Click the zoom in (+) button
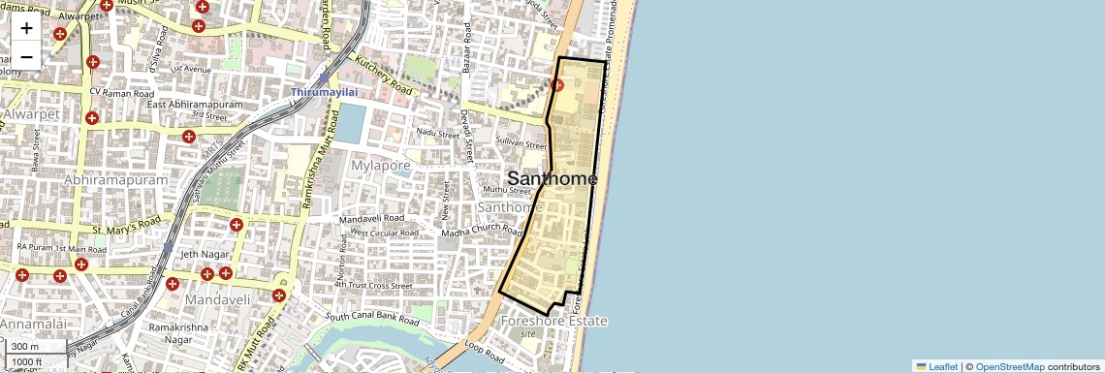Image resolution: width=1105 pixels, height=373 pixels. coord(26,29)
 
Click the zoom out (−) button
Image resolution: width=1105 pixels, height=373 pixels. coord(26,56)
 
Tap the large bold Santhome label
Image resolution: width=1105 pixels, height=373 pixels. coord(552,178)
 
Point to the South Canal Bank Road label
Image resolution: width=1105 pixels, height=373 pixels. coord(372,318)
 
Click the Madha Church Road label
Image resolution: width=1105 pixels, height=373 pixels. coord(482,231)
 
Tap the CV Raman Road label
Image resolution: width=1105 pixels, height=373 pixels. coord(122,92)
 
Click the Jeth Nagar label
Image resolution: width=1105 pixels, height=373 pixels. coord(203,254)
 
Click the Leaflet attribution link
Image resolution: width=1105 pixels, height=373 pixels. coord(937,366)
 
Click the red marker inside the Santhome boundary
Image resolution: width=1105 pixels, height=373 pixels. coord(557,85)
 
